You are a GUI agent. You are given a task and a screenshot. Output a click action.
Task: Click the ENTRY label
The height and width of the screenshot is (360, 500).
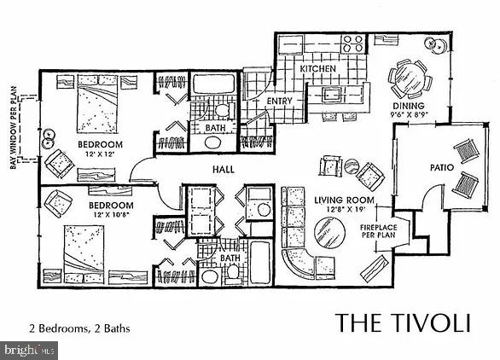point(279,101)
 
